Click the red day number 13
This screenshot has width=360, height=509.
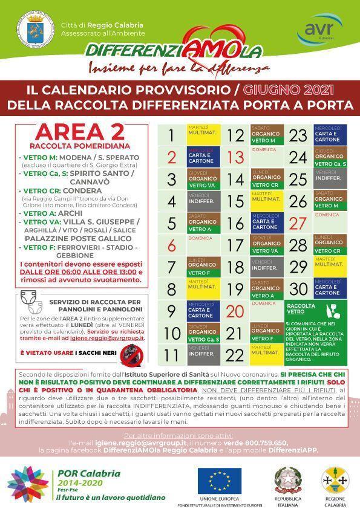click(235, 158)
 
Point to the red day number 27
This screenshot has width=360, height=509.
click(298, 222)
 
